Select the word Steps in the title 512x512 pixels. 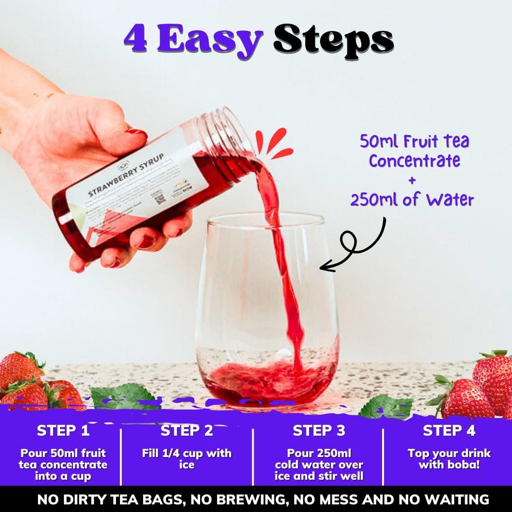(333, 40)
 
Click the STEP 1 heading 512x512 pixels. (63, 431)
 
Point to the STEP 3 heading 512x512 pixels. (319, 431)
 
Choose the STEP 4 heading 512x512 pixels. (448, 431)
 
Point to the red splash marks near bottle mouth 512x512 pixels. (274, 144)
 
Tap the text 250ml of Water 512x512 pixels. (412, 199)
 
